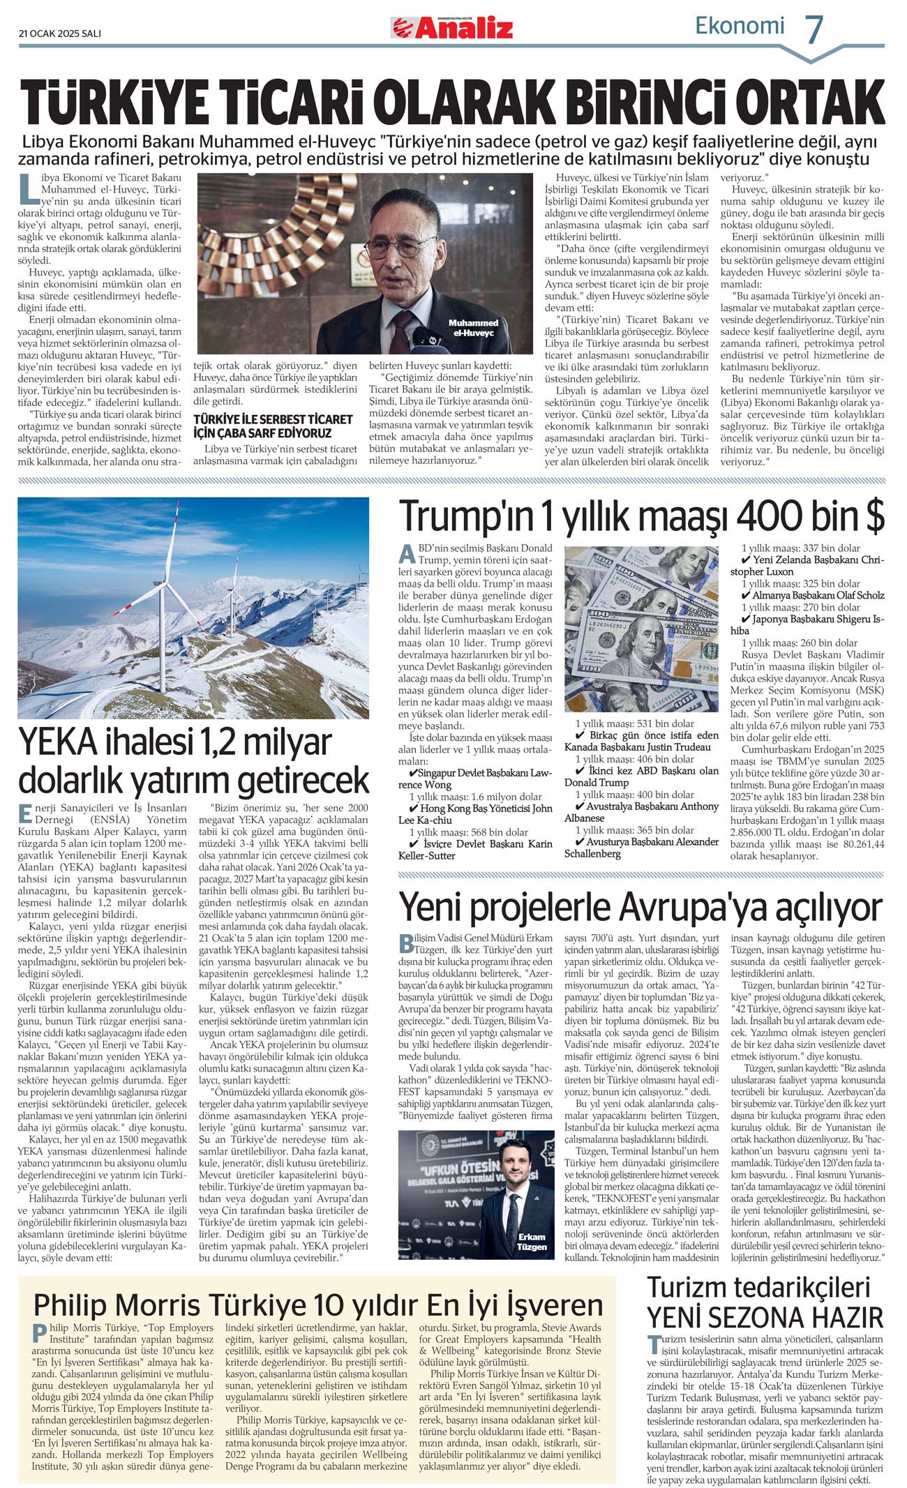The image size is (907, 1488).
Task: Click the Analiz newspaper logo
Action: (x=452, y=28)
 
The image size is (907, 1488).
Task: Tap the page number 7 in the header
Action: (x=814, y=29)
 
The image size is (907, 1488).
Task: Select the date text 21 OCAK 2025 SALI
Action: (x=60, y=33)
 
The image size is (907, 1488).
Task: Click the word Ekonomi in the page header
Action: (x=740, y=26)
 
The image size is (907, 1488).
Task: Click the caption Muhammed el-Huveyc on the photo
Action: (x=473, y=328)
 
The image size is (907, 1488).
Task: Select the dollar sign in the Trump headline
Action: (x=874, y=517)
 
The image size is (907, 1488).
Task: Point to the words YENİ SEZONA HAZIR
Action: (x=765, y=1317)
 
